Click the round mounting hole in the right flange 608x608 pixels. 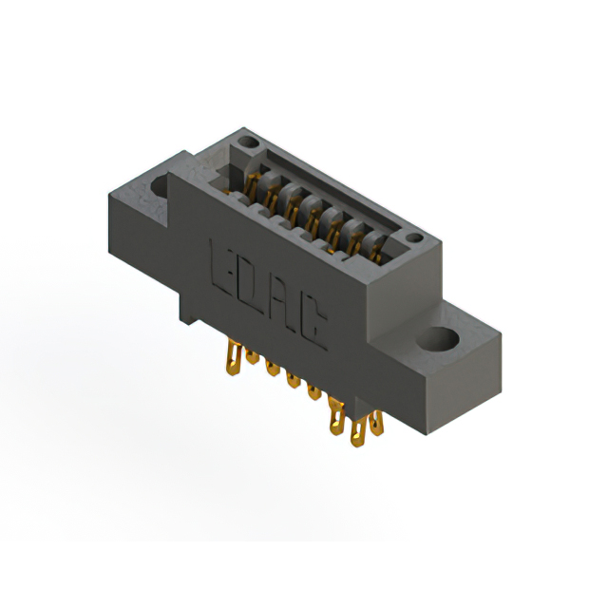coord(440,338)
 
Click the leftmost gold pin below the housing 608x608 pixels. coord(230,359)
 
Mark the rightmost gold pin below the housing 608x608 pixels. coord(376,422)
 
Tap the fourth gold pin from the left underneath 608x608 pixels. coord(293,380)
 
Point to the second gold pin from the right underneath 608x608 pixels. coord(358,433)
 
